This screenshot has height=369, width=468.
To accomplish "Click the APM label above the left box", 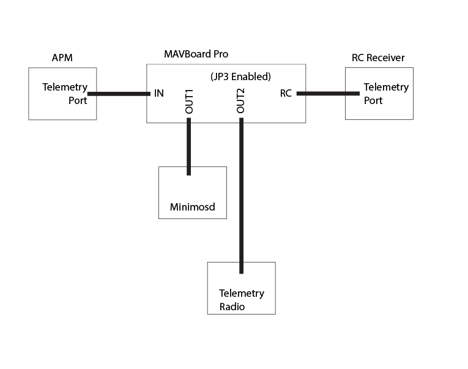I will (62, 58).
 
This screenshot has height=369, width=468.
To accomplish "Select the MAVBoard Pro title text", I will (196, 54).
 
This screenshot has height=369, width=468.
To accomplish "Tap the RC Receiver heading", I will (378, 58).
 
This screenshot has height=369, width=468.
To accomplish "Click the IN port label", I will (158, 94).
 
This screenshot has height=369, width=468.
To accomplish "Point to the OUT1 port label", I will (189, 101).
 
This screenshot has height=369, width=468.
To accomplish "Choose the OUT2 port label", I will (241, 101).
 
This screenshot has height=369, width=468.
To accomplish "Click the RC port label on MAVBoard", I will (286, 94).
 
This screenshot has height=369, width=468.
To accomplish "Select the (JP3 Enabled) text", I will (236, 76).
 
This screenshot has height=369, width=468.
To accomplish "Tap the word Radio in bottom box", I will (232, 307).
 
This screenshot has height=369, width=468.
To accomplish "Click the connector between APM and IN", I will (119, 94).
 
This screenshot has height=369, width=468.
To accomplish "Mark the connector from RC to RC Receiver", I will (327, 94).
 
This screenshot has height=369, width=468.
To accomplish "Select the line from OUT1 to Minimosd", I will (188, 147).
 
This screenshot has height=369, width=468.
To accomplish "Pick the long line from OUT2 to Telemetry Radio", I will (242, 196).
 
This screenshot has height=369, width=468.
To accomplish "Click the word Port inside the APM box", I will (78, 100).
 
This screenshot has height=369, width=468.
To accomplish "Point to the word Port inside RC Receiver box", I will (373, 100).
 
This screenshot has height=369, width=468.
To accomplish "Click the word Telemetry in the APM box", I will (65, 87).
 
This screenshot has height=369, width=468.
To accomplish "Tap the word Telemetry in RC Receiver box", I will (386, 87).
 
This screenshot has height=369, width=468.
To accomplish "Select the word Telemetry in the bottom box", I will (242, 293).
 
